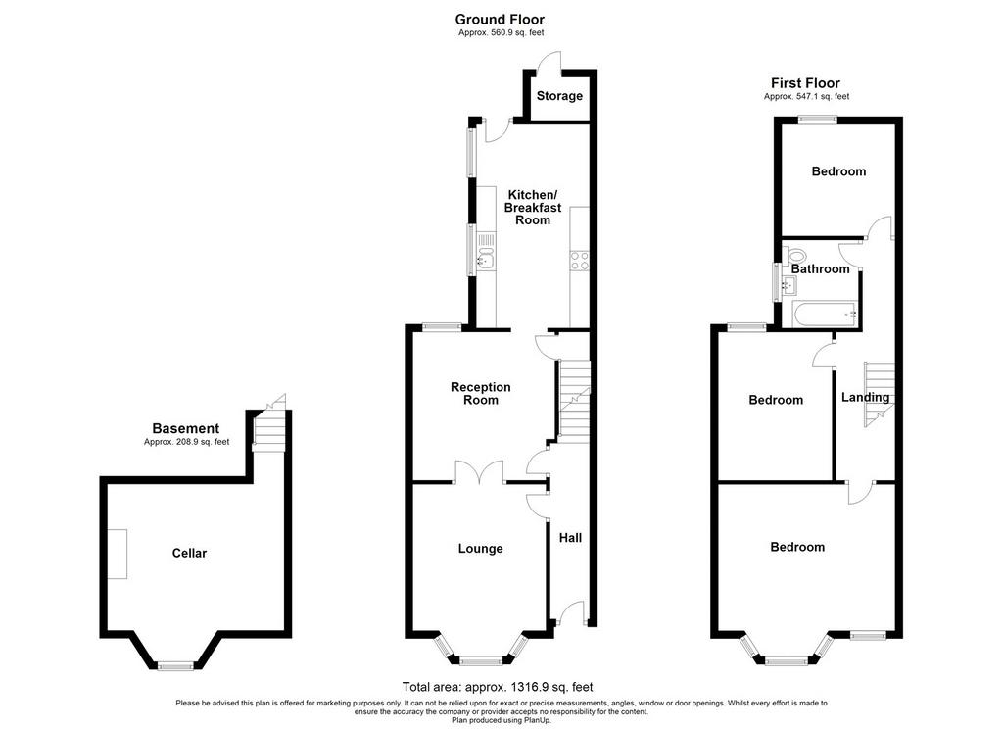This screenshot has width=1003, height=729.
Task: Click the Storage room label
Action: [x=559, y=96]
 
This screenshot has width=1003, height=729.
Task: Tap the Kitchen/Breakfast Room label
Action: [x=532, y=208]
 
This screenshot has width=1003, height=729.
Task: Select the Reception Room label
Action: [x=480, y=394]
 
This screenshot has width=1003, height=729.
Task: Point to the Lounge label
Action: [x=480, y=549]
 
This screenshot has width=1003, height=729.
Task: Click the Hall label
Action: [x=571, y=538]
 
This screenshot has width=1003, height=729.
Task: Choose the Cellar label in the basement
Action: [x=189, y=553]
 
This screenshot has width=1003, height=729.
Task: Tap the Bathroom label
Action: [x=820, y=269]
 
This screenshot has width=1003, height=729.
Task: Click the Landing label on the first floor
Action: [x=865, y=398]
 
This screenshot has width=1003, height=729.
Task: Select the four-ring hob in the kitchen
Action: [x=580, y=261]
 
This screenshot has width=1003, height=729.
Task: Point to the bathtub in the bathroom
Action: [x=825, y=315]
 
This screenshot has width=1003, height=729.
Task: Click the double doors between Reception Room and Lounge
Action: [x=480, y=470]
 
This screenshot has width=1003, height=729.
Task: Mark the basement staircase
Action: [x=268, y=431]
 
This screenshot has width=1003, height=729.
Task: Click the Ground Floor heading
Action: [x=501, y=20]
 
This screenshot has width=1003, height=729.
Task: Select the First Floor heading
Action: [x=805, y=83]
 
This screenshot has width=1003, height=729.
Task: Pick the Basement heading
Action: [x=185, y=429]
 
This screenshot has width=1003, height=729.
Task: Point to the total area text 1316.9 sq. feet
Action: [x=498, y=687]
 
